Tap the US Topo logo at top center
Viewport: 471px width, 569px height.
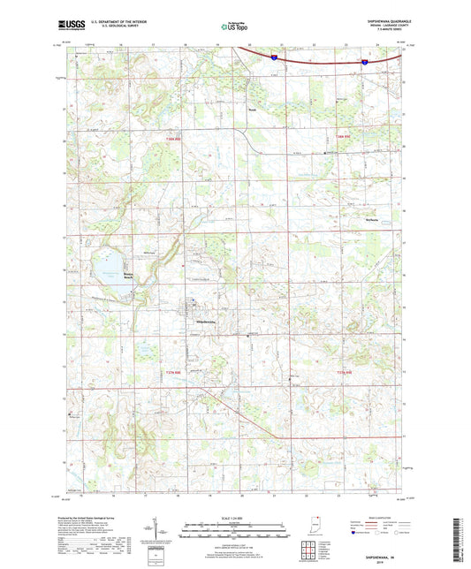[232, 27]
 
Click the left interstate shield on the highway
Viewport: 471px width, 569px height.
[275, 56]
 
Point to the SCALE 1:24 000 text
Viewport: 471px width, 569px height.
[234, 517]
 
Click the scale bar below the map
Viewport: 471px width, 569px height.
[234, 533]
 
